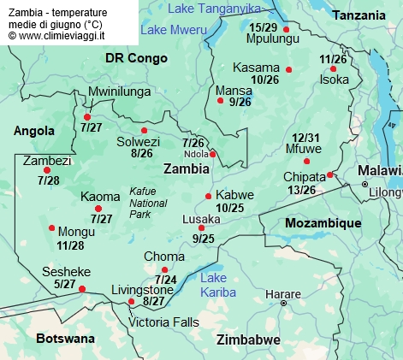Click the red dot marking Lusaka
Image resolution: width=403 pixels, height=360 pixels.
point(202,228)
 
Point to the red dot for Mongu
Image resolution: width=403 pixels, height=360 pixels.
point(52,227)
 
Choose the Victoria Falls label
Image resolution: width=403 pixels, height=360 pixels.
point(163,322)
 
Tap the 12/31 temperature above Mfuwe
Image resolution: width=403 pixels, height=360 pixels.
point(305,138)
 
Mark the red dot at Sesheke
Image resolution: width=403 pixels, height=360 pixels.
point(82,289)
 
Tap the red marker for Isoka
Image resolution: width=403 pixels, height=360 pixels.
point(333,69)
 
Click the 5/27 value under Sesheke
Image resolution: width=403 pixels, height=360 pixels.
point(65,284)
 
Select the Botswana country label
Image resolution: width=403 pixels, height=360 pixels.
point(65,339)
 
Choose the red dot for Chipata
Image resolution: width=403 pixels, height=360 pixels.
point(330,175)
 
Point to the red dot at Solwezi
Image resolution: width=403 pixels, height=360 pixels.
point(144,131)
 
